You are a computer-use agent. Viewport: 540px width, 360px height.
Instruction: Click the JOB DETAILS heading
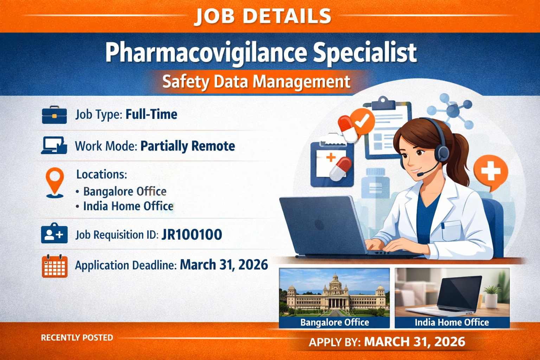263,16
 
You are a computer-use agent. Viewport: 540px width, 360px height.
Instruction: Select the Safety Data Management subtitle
256,82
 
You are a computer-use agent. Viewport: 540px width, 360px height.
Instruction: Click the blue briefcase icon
54,115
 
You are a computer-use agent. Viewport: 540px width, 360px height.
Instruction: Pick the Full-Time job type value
152,114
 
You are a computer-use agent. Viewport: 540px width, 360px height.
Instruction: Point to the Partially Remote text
188,146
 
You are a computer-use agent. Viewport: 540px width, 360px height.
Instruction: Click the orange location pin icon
55,181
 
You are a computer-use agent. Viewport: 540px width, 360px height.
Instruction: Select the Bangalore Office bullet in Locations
125,191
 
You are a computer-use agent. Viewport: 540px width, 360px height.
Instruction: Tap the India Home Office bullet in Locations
128,206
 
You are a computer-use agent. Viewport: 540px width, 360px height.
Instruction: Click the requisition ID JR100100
192,234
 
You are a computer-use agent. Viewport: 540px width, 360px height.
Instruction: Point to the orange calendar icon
54,266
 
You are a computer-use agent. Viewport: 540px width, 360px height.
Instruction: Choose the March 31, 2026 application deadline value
224,265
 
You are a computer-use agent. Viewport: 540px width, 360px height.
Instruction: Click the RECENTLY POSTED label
77,337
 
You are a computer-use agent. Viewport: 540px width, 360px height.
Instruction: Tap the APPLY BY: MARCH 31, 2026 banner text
387,342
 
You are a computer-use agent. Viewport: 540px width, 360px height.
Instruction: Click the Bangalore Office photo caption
334,322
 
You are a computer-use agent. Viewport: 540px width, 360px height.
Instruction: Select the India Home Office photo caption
452,322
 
